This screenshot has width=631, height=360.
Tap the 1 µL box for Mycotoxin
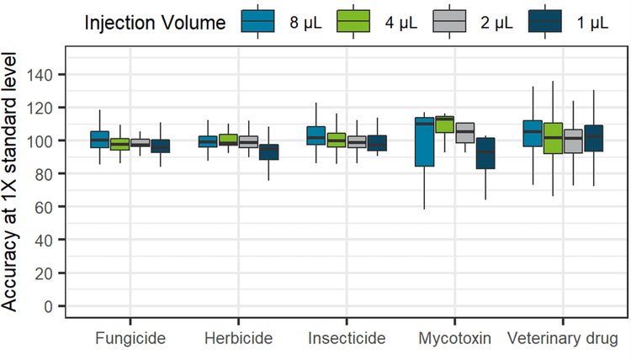(485, 153)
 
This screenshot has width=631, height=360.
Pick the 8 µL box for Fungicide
(99, 140)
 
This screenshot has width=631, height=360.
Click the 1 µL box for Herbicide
(268, 152)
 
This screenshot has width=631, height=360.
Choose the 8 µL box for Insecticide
(315, 135)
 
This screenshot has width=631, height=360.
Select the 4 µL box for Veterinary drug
(553, 138)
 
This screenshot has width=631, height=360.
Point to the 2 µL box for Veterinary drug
(573, 141)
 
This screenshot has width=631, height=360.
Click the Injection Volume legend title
(156, 23)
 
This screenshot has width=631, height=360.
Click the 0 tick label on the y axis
(48, 306)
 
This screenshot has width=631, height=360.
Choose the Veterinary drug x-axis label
(563, 339)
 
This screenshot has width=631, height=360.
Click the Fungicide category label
(130, 339)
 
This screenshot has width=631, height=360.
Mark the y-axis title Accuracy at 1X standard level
(12, 180)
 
